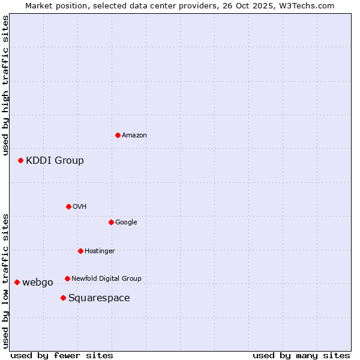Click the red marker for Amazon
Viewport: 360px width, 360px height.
118,135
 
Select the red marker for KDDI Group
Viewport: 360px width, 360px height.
20,160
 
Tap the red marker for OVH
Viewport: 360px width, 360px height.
68,206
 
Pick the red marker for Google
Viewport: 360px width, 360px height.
111,222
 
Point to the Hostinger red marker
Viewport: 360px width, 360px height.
80,251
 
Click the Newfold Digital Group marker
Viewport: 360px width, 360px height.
67,278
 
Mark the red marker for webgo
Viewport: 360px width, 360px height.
17,282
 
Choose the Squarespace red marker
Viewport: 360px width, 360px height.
63,298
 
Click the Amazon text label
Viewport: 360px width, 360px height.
134,135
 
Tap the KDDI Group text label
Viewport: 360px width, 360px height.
55,160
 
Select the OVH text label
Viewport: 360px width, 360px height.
79,206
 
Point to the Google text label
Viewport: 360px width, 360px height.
126,222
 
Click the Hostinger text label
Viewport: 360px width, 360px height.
100,251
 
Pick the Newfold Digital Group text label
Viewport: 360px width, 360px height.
106,278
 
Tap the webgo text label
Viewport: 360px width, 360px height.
38,283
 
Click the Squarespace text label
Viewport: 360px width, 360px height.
99,298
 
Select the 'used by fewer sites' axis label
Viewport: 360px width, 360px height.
62,355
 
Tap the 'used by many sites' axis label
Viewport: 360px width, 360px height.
301,355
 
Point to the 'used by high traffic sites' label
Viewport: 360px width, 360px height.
5,85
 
